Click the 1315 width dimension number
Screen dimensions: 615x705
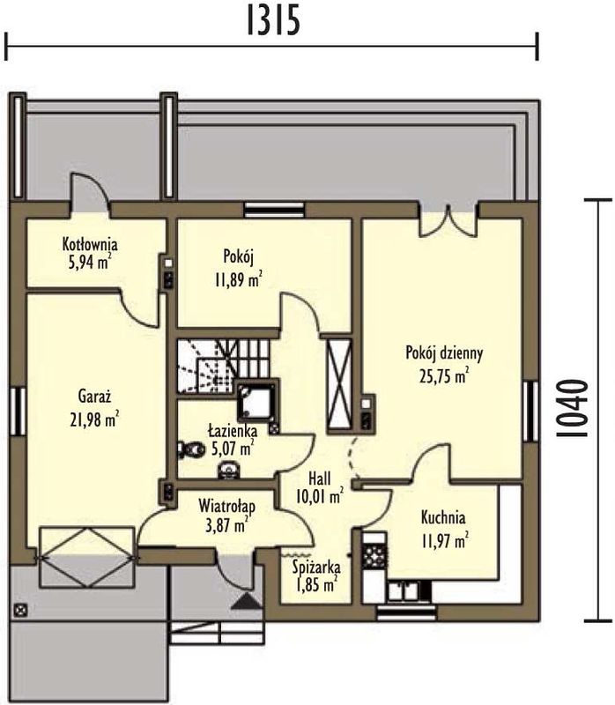coord(273,20)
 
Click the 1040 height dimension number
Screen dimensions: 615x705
coord(572,408)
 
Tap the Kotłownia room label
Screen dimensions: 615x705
coord(90,245)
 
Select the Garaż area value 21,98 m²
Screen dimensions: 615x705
coord(94,419)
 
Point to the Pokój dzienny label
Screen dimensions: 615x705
coord(444,353)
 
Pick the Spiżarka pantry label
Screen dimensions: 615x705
coord(316,568)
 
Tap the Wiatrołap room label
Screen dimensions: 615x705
coord(227,506)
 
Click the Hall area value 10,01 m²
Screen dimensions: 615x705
coord(320,497)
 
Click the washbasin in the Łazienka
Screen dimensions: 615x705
coord(229,470)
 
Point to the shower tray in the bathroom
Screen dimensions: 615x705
coord(256,402)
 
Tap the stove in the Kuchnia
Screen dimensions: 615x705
coord(374,556)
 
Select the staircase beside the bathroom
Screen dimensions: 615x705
coord(224,366)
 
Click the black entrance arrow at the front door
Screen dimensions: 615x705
coord(246,601)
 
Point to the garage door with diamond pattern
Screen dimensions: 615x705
coord(87,557)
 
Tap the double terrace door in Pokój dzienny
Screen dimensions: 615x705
coord(448,220)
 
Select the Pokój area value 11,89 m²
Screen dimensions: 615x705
coord(238,279)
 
